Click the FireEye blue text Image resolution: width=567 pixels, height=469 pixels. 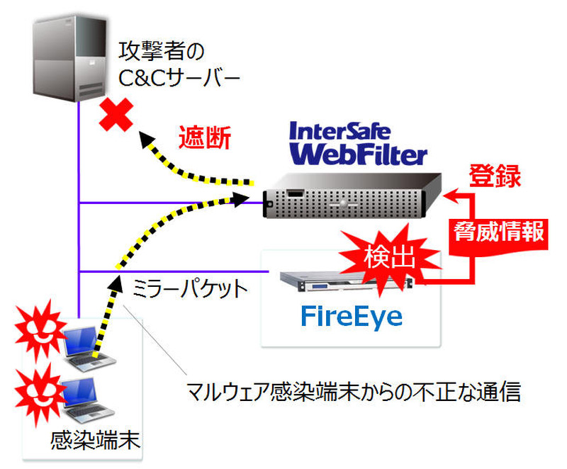(x=352, y=316)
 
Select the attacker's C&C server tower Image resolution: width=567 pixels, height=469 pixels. (x=68, y=60)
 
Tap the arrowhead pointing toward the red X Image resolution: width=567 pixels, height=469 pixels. (x=146, y=139)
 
